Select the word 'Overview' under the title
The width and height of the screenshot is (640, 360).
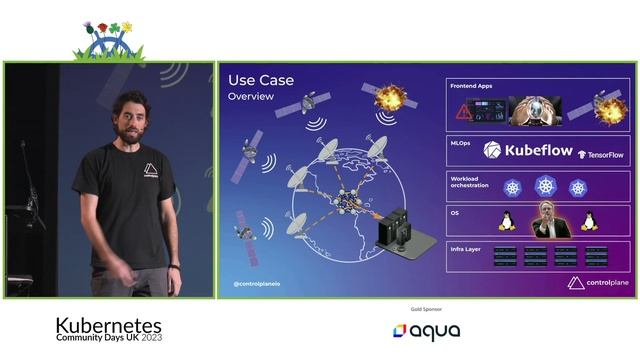pos(250,98)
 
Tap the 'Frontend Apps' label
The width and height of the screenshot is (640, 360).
pos(473,87)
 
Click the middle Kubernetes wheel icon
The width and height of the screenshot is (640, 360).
pos(546,186)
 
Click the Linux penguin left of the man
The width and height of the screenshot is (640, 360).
pos(506,220)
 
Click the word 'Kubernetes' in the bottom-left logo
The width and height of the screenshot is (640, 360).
pos(107,325)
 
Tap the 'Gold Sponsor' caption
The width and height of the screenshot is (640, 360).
pos(426,309)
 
